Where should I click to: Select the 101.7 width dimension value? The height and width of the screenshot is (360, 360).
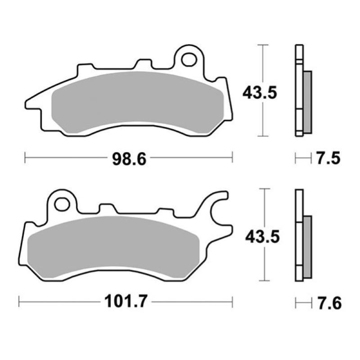[x=126, y=302]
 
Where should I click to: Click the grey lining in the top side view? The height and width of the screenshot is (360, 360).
[x=307, y=102]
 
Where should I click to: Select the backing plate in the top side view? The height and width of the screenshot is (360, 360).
[x=299, y=90]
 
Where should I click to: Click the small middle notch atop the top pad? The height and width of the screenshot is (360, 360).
[x=144, y=63]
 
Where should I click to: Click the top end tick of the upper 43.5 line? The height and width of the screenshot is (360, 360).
[x=262, y=45]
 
